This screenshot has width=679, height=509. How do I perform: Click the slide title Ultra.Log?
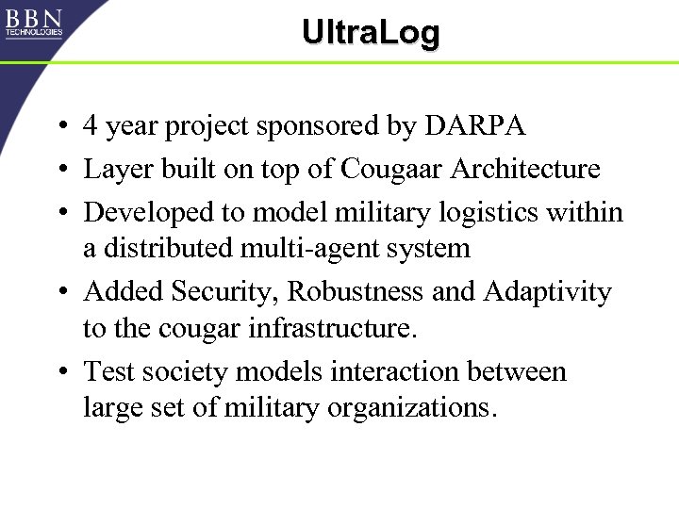coord(371,33)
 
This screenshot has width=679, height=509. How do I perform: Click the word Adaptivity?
coord(547,292)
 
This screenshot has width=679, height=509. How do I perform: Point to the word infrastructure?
coord(323,329)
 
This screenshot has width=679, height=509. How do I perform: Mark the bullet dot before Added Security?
coord(59,293)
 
